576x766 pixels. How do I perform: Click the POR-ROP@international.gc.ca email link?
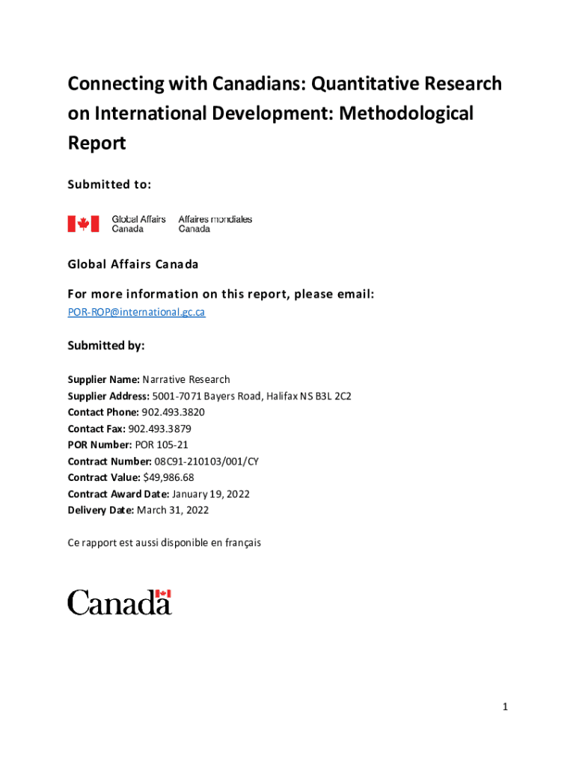click(136, 312)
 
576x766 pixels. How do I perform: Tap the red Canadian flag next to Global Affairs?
click(83, 223)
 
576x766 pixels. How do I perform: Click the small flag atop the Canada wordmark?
click(163, 593)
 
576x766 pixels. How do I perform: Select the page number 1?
click(505, 706)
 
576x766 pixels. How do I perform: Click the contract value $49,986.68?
click(168, 477)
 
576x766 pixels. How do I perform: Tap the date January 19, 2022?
click(210, 494)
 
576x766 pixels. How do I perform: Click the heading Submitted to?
click(109, 183)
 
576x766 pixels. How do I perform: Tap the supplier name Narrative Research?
click(186, 380)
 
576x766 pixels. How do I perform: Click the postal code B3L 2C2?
click(332, 396)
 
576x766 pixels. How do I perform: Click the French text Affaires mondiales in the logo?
click(215, 219)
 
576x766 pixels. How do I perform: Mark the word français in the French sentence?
click(242, 543)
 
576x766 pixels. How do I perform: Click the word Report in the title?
click(96, 143)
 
